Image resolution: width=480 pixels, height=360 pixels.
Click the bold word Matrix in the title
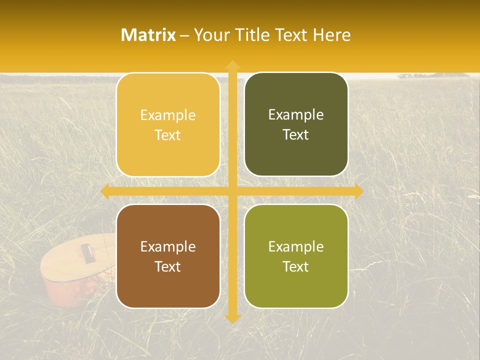click(x=148, y=35)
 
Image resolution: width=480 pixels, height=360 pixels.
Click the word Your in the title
click(x=209, y=35)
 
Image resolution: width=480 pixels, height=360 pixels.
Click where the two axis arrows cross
click(x=232, y=191)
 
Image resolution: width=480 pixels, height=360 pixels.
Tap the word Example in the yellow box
click(x=168, y=115)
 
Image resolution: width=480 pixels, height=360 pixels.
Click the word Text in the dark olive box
click(x=296, y=134)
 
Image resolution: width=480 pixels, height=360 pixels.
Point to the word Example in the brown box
click(x=168, y=247)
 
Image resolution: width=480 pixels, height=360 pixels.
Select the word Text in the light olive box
click(x=296, y=266)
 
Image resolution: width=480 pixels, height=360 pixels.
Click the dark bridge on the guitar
click(x=87, y=252)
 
